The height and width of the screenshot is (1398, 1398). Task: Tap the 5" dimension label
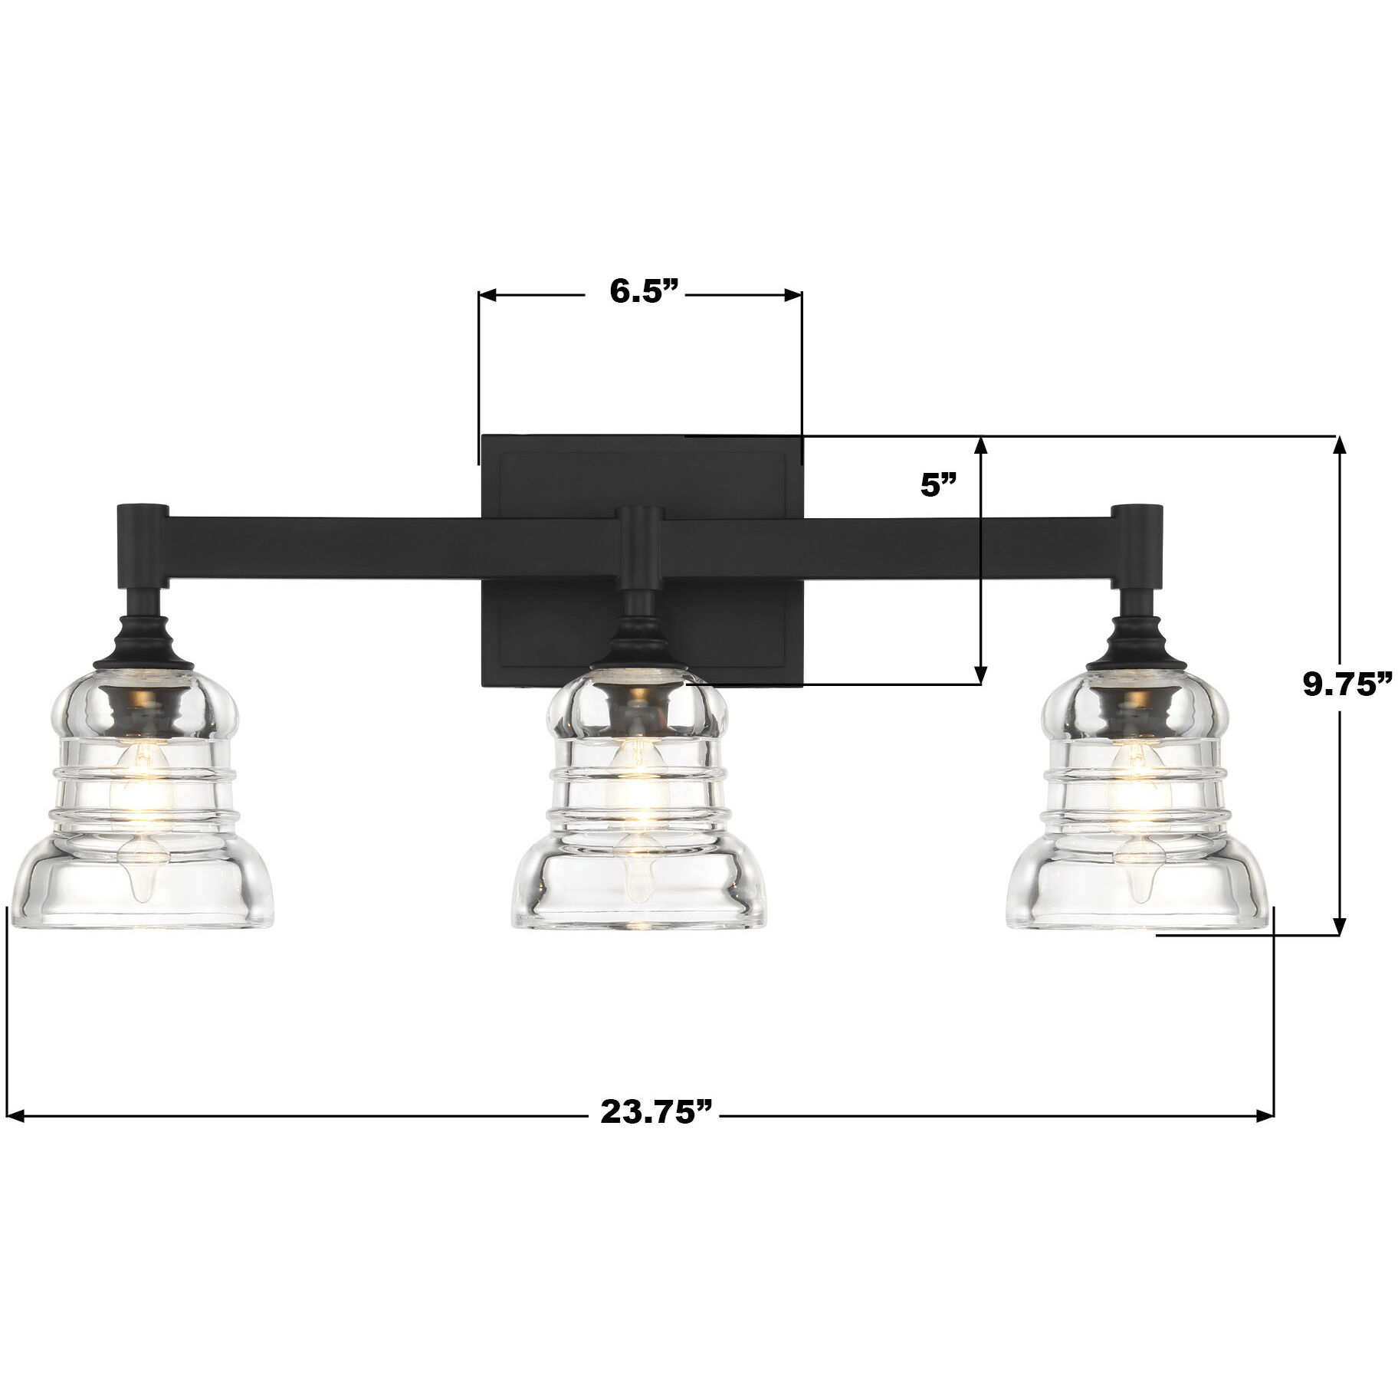click(938, 486)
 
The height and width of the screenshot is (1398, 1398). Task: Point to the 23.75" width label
click(656, 1113)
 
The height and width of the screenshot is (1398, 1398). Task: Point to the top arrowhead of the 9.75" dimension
click(1339, 445)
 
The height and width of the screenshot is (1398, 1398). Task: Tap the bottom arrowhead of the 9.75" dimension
click(1339, 926)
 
